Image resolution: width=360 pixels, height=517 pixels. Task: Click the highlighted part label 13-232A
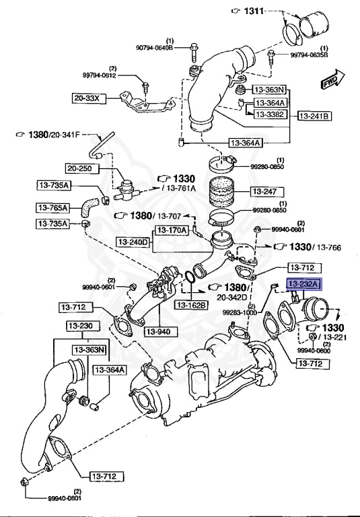point(305,284)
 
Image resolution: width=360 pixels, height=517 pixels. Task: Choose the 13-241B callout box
point(315,116)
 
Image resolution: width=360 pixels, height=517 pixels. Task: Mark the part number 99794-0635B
point(309,55)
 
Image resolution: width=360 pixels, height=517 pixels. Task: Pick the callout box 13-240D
point(133,241)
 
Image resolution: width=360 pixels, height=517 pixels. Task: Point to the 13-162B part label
point(192,305)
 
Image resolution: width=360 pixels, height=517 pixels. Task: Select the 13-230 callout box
point(81,326)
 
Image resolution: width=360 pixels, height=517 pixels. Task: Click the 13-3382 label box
point(269,115)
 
